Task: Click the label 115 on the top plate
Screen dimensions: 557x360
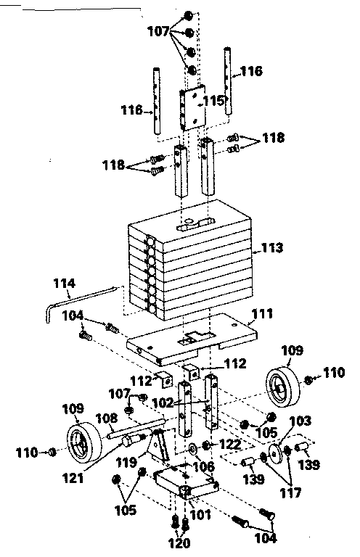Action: pos(213,100)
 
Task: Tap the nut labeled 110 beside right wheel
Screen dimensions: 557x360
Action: pos(308,379)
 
